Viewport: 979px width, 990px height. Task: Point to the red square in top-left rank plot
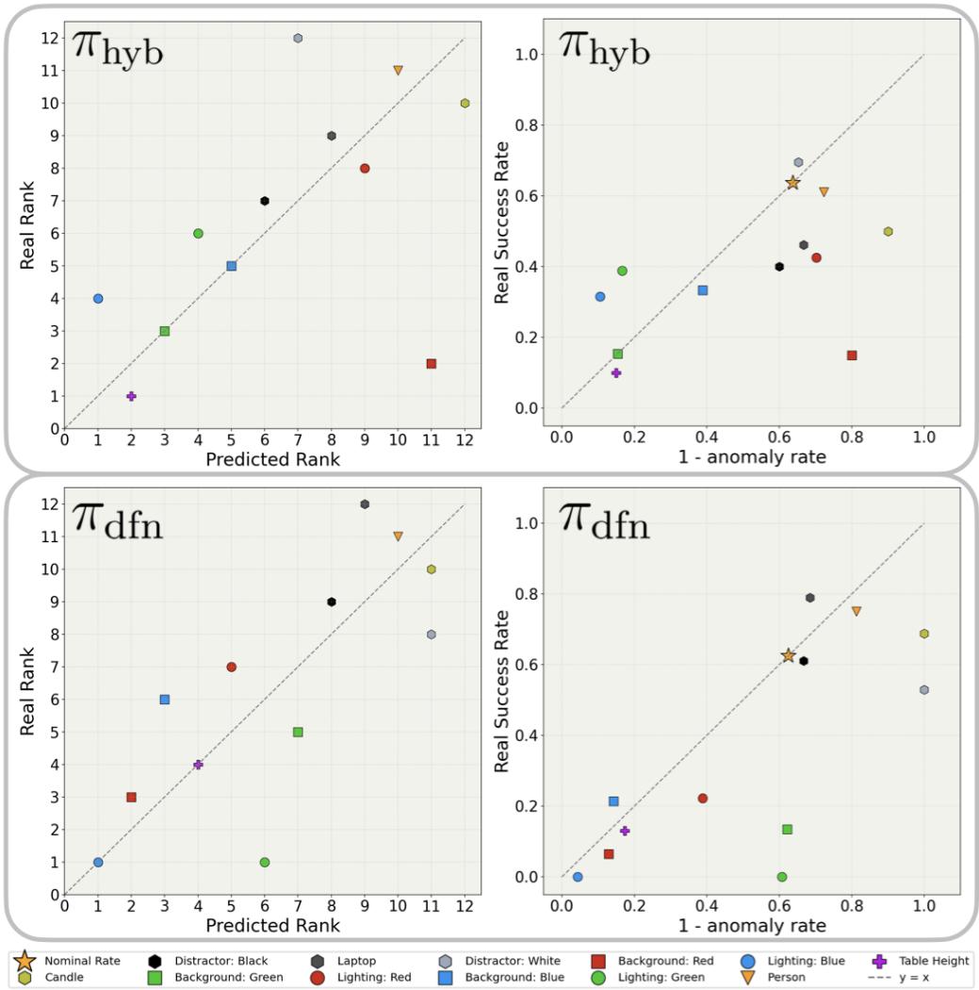coord(432,364)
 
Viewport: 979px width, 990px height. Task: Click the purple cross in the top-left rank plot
coord(131,396)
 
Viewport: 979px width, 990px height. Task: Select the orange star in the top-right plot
coord(792,183)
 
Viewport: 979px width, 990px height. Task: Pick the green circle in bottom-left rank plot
coord(265,863)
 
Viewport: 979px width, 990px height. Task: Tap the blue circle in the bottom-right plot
coord(578,877)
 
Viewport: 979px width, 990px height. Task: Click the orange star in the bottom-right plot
coord(789,655)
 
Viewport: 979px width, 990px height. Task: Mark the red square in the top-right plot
coord(852,355)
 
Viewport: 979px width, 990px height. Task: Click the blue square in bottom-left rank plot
coord(165,700)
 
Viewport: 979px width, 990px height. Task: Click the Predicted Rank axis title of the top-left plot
coord(272,460)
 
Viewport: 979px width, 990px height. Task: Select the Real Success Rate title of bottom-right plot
coord(502,690)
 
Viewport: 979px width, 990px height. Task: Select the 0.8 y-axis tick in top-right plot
coord(533,125)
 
